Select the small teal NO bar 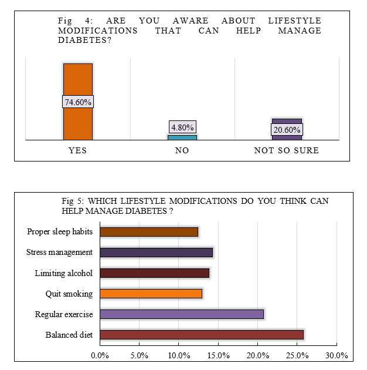pyautogui.click(x=182, y=137)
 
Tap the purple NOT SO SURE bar pyautogui.click(x=287, y=122)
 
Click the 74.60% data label pyautogui.click(x=77, y=102)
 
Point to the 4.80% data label pyautogui.click(x=182, y=127)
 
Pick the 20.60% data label pyautogui.click(x=287, y=129)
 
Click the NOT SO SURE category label pyautogui.click(x=286, y=150)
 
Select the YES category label pyautogui.click(x=77, y=150)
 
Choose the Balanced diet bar pyautogui.click(x=202, y=335)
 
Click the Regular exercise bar pyautogui.click(x=182, y=314)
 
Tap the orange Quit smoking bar pyautogui.click(x=151, y=294)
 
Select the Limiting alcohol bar pyautogui.click(x=154, y=273)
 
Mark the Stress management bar pyautogui.click(x=156, y=253)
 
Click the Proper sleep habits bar pyautogui.click(x=149, y=232)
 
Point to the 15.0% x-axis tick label pyautogui.click(x=218, y=355)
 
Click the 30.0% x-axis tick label pyautogui.click(x=337, y=355)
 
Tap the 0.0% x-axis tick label pyautogui.click(x=100, y=355)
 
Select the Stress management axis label pyautogui.click(x=59, y=253)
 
